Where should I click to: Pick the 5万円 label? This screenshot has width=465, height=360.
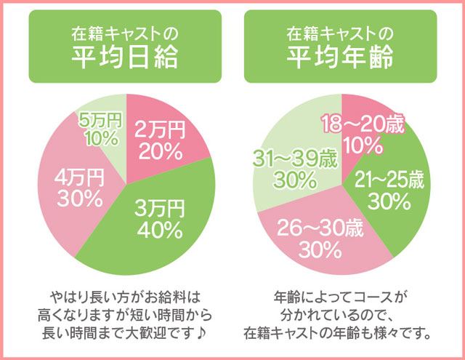pos(102,119)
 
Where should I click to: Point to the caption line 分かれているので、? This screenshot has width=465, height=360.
pos(340,316)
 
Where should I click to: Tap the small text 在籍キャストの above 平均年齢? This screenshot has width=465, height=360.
pos(340,33)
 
